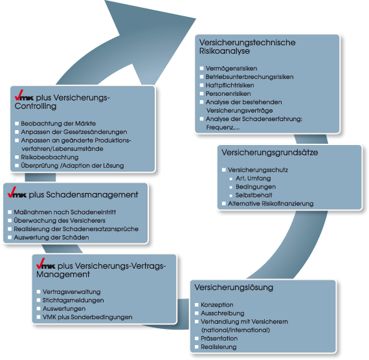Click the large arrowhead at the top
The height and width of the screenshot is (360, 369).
[146, 36]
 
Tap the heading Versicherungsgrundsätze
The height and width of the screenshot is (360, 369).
[270, 153]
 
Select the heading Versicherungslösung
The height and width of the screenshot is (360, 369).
[234, 287]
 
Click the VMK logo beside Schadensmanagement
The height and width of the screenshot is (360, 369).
[17, 192]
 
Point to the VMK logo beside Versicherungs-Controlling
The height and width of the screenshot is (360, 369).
[24, 95]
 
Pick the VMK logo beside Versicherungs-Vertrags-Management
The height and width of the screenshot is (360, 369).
[46, 264]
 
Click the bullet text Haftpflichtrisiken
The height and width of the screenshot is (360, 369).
[230, 85]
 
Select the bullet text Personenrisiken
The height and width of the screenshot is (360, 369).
[228, 94]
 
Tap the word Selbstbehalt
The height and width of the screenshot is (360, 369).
[254, 195]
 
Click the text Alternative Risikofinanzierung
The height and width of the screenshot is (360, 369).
[271, 204]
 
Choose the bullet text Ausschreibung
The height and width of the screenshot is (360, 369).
[223, 313]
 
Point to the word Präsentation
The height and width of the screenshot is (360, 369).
[219, 339]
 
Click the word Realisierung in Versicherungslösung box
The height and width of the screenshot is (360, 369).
[219, 347]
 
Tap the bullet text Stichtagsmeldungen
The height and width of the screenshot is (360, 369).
[73, 300]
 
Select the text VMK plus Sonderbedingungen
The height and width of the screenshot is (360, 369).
[87, 317]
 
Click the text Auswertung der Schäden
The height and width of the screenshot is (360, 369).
[51, 238]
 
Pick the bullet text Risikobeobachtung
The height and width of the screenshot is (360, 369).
[50, 157]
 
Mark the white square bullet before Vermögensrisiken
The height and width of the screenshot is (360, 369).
[202, 68]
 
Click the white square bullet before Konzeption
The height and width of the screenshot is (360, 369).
[197, 305]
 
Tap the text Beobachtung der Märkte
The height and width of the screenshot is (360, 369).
[58, 124]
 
